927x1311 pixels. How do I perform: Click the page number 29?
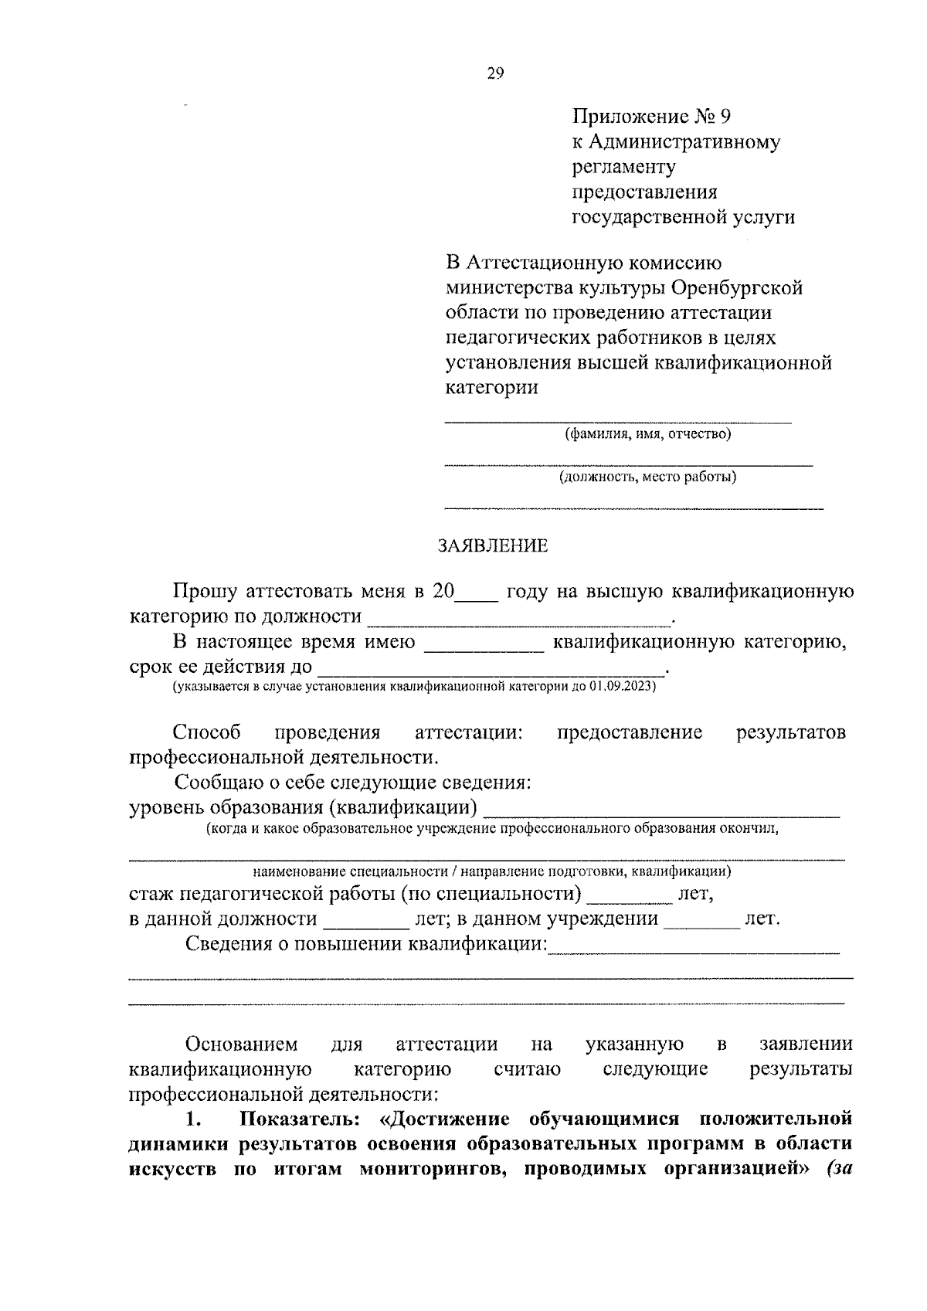click(x=495, y=73)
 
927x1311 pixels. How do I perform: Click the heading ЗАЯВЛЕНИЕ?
click(x=493, y=546)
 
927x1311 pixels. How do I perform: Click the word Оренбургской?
click(x=737, y=288)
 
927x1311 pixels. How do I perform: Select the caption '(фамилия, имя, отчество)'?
click(x=647, y=434)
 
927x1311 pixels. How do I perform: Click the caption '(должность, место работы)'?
click(x=647, y=477)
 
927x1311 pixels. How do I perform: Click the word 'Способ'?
click(x=207, y=732)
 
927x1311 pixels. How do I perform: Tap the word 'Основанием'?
click(x=241, y=1044)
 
